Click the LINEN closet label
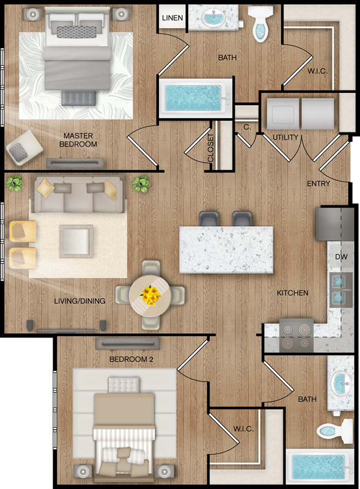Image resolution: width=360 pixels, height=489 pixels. tap(172, 18)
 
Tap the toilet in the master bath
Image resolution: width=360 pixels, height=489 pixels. tap(261, 24)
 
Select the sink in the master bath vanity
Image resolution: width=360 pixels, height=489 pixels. tap(213, 18)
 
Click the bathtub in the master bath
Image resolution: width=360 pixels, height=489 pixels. tap(196, 98)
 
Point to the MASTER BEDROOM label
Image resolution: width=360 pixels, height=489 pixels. tap(78, 140)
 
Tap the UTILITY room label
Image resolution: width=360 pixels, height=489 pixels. tap(285, 137)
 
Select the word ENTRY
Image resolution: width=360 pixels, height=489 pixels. tap(318, 184)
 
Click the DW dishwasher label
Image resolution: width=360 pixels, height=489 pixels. tap(341, 257)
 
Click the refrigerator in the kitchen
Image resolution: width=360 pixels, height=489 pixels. tap(335, 224)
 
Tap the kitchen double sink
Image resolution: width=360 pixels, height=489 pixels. tap(341, 289)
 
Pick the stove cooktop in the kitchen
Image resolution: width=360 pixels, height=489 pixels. tap(296, 336)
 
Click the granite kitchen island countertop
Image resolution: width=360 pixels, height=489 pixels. tap(226, 250)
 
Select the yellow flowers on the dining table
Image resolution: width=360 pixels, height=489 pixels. tap(151, 295)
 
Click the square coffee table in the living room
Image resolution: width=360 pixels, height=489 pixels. tap(76, 241)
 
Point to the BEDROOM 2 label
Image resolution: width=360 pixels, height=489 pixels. tap(131, 359)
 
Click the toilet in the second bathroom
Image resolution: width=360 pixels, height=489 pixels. tap(334, 432)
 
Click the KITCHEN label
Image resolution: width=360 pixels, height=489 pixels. tap(292, 293)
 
